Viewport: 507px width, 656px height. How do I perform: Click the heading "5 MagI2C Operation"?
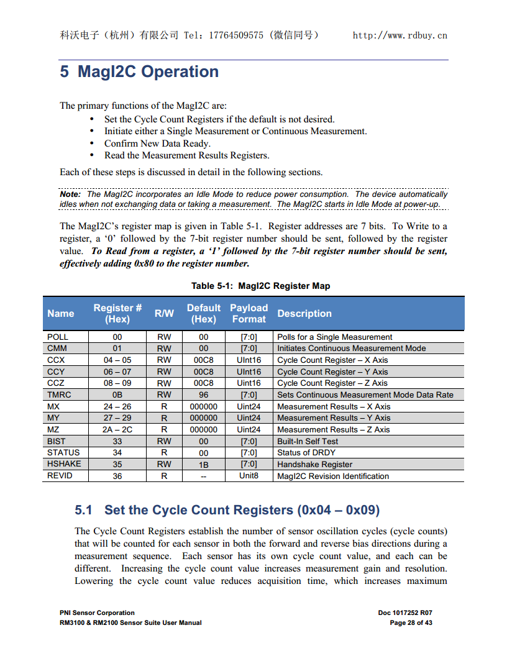pyautogui.click(x=139, y=72)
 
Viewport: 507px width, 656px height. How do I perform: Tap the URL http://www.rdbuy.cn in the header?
pyautogui.click(x=400, y=35)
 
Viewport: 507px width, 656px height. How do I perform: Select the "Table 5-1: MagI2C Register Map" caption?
pyautogui.click(x=260, y=286)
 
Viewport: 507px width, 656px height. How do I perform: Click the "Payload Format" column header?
pyautogui.click(x=249, y=313)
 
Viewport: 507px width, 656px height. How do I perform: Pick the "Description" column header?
pyautogui.click(x=304, y=314)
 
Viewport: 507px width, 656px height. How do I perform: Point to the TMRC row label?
pyautogui.click(x=59, y=394)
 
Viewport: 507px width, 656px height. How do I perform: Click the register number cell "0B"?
pyautogui.click(x=117, y=394)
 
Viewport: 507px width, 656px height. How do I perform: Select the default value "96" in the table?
pyautogui.click(x=203, y=394)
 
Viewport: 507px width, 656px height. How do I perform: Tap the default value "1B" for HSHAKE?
pyautogui.click(x=203, y=464)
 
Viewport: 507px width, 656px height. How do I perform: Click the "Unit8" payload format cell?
pyautogui.click(x=249, y=476)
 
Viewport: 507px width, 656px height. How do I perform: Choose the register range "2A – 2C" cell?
pyautogui.click(x=117, y=429)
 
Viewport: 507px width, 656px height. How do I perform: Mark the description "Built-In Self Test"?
pyautogui.click(x=308, y=441)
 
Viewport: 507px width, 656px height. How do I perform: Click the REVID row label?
pyautogui.click(x=60, y=476)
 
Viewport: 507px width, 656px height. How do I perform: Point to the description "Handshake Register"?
pyautogui.click(x=314, y=464)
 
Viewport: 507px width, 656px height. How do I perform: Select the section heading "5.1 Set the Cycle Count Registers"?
pyautogui.click(x=227, y=510)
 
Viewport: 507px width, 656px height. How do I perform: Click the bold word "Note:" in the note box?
pyautogui.click(x=70, y=194)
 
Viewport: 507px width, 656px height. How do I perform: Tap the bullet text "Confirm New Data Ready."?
pyautogui.click(x=157, y=143)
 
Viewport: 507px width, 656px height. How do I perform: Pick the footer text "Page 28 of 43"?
pyautogui.click(x=411, y=622)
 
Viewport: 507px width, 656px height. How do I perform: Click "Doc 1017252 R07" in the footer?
pyautogui.click(x=404, y=613)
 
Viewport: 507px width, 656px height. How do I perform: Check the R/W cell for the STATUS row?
pyautogui.click(x=164, y=453)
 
